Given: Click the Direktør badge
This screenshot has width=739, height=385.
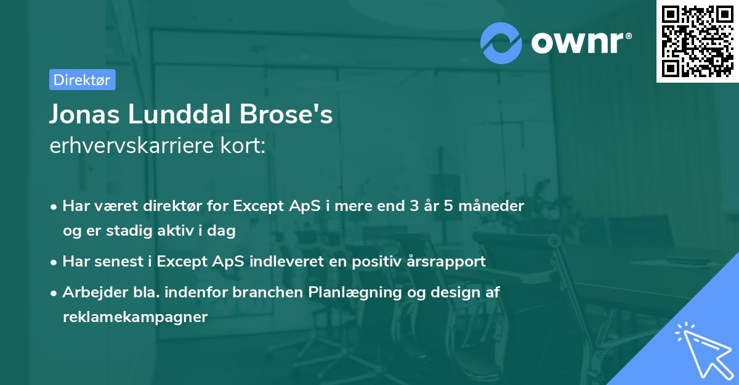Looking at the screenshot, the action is click(x=82, y=80).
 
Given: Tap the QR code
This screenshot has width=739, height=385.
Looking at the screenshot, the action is click(x=697, y=41).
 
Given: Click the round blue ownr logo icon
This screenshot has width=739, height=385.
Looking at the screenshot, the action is click(x=501, y=43).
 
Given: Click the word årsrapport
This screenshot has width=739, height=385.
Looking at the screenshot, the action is click(x=448, y=262).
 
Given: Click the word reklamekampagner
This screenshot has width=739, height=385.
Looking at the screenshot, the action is click(x=135, y=318).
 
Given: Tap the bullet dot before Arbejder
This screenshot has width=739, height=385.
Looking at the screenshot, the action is click(x=55, y=293).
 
